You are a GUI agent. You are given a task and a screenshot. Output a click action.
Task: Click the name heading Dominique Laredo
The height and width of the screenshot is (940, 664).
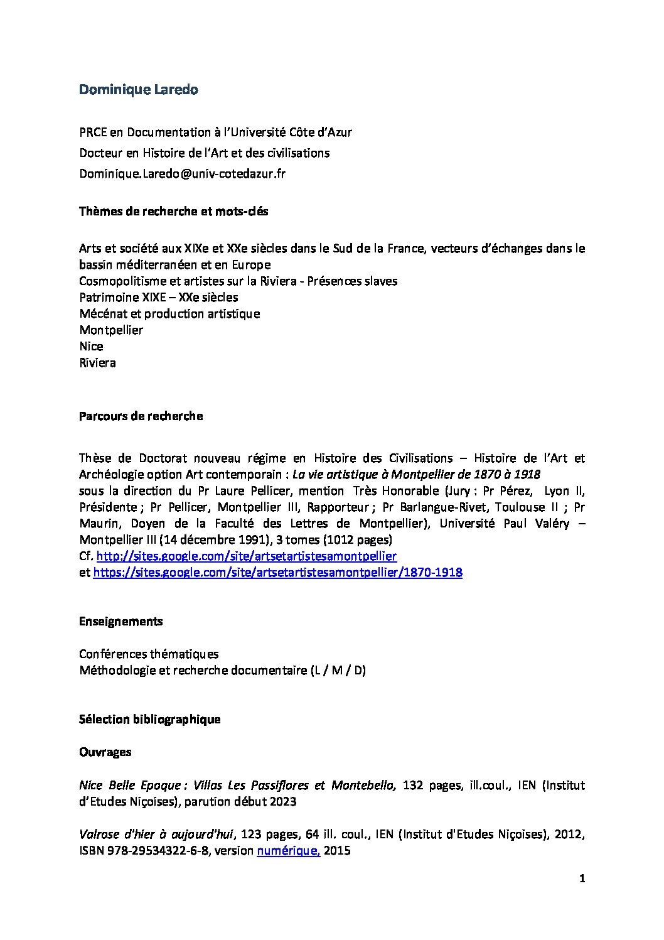coord(138,90)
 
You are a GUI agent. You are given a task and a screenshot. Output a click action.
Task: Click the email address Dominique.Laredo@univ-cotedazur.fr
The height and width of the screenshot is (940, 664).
coord(182,174)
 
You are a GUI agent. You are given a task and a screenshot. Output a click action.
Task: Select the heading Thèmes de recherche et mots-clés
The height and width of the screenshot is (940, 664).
coord(173,212)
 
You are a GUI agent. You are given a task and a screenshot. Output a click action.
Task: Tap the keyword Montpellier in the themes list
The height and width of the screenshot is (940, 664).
coord(111,330)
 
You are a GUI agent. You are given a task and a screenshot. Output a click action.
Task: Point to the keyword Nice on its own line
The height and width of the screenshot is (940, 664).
coord(91,347)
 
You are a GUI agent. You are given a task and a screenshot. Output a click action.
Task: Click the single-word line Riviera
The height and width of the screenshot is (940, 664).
coord(97,363)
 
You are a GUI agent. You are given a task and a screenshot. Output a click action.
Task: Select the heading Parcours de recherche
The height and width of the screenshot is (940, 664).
coord(141,416)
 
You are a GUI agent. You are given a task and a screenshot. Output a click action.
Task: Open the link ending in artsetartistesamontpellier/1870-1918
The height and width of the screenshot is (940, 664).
coord(277,573)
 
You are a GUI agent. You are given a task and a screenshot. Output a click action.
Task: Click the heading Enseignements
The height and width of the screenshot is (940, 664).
coord(120,622)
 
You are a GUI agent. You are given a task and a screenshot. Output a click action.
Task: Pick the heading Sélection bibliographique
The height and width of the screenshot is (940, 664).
coord(149,720)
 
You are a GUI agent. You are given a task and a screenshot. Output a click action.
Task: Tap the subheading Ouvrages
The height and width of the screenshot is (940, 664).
coord(105,752)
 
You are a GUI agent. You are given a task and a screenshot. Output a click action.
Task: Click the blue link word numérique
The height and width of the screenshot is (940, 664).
coord(288,851)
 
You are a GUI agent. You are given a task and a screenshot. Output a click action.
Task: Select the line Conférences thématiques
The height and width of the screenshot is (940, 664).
coord(149,654)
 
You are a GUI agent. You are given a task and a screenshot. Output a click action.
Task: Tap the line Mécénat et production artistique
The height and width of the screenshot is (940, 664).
coord(169,314)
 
